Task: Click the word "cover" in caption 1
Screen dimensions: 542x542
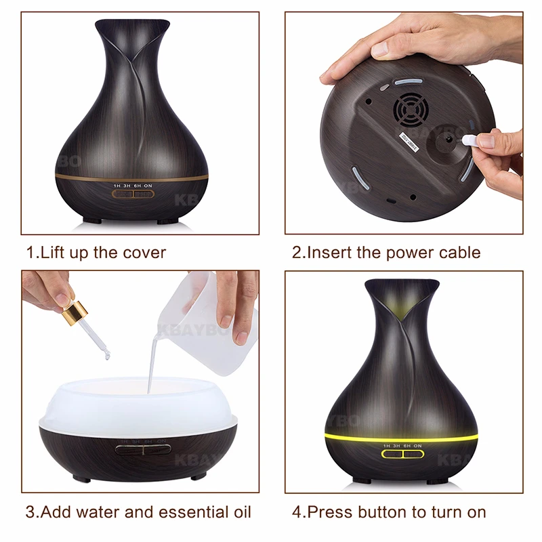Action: coord(140,253)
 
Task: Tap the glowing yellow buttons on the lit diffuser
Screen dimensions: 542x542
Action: coord(401,454)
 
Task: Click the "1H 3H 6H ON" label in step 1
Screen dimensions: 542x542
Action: coord(132,184)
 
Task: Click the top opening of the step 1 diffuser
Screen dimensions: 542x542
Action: coord(132,27)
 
